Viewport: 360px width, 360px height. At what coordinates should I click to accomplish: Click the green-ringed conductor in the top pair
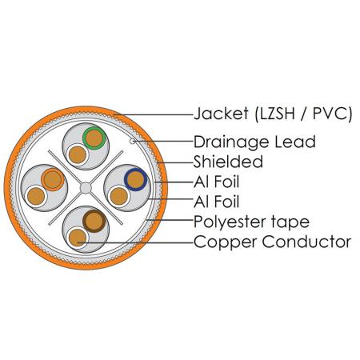(94, 138)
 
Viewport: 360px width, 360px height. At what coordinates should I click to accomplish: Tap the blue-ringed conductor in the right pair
(136, 179)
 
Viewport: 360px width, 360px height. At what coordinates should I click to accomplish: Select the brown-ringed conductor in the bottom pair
(94, 221)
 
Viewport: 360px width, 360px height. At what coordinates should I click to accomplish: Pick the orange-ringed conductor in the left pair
(53, 179)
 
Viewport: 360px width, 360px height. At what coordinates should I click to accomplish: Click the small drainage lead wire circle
(133, 141)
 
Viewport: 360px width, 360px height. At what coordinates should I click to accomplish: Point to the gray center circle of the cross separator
(86, 188)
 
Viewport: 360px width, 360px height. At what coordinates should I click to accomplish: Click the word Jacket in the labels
(221, 114)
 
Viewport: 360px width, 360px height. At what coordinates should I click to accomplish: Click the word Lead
(295, 142)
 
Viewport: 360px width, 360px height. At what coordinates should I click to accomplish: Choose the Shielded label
(228, 162)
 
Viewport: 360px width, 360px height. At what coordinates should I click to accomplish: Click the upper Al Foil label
(217, 182)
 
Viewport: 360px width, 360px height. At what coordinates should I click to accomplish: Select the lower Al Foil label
(217, 202)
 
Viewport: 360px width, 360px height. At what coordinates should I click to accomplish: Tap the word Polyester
(230, 222)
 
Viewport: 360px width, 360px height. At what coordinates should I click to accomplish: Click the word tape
(290, 222)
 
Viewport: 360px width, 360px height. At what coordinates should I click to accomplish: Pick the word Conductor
(306, 242)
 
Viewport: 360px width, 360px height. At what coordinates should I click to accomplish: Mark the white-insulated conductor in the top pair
(78, 154)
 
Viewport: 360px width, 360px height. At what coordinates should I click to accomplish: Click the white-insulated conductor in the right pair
(119, 196)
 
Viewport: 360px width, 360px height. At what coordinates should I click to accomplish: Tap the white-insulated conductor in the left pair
(36, 196)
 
